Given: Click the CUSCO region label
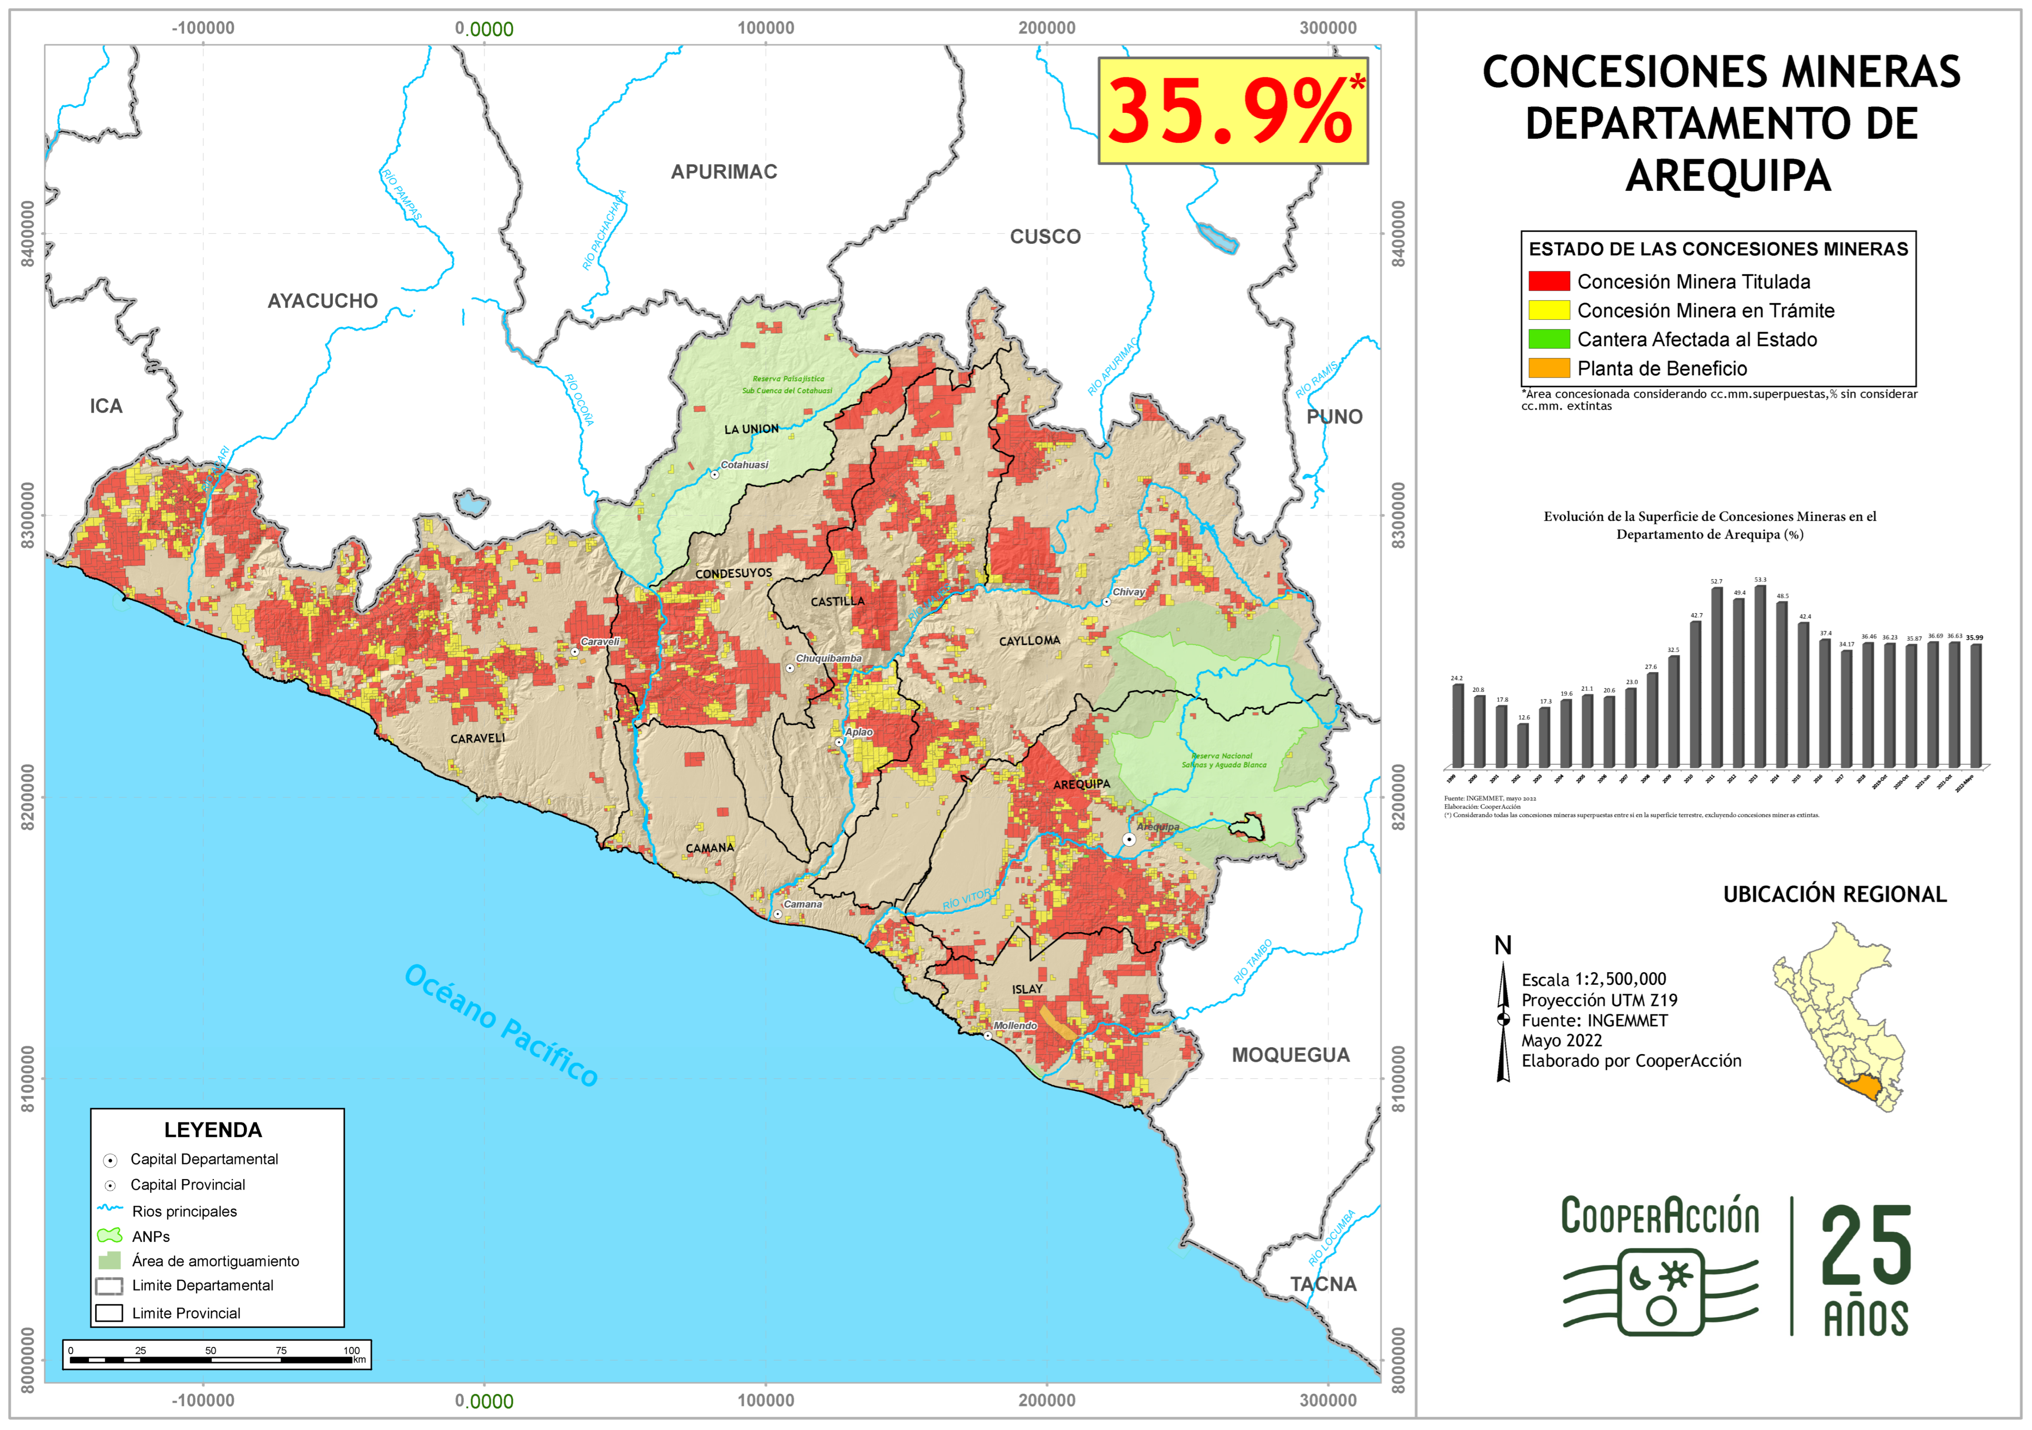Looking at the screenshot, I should (1045, 236).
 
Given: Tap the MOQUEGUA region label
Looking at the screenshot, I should (1290, 1055).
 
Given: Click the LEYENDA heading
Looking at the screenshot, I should (213, 1130).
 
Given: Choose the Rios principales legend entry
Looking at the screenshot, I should (184, 1211).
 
